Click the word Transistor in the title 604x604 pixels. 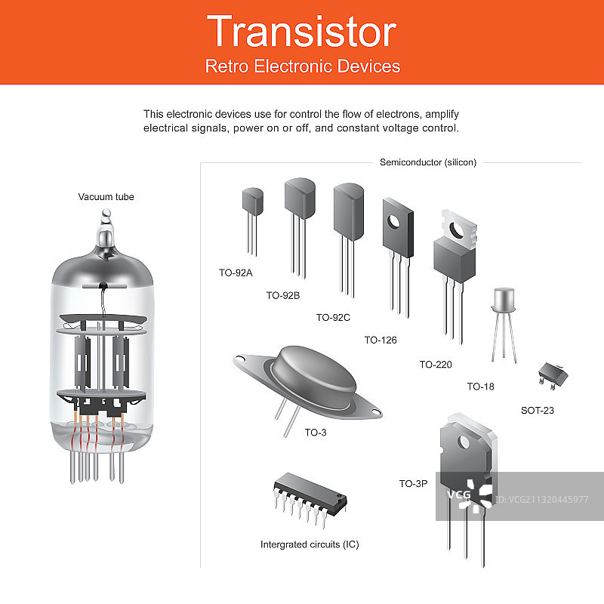click(301, 32)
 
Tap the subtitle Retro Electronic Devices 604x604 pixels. click(303, 66)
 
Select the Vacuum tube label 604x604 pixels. click(106, 197)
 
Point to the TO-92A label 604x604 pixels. click(236, 273)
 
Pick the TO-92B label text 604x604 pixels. click(282, 295)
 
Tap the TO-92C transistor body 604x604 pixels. click(349, 211)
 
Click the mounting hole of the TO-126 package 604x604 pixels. click(393, 222)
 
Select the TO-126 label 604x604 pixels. click(381, 341)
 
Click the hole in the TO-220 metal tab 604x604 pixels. click(457, 230)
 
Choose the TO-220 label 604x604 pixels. click(436, 365)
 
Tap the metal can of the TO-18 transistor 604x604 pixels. click(504, 300)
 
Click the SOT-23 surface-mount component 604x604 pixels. click(553, 375)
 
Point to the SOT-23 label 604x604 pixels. click(538, 410)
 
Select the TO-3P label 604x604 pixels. click(413, 483)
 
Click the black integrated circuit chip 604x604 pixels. click(310, 495)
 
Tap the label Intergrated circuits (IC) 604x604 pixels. click(310, 544)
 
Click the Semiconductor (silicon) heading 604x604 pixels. click(428, 162)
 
